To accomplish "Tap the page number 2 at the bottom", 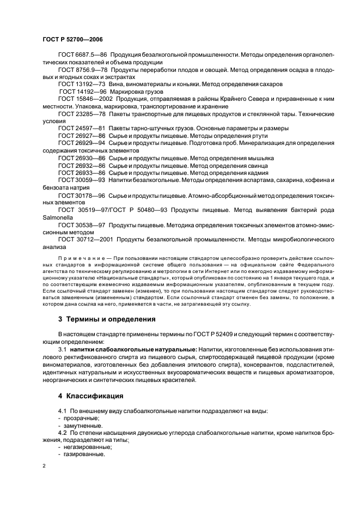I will point(44,466).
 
